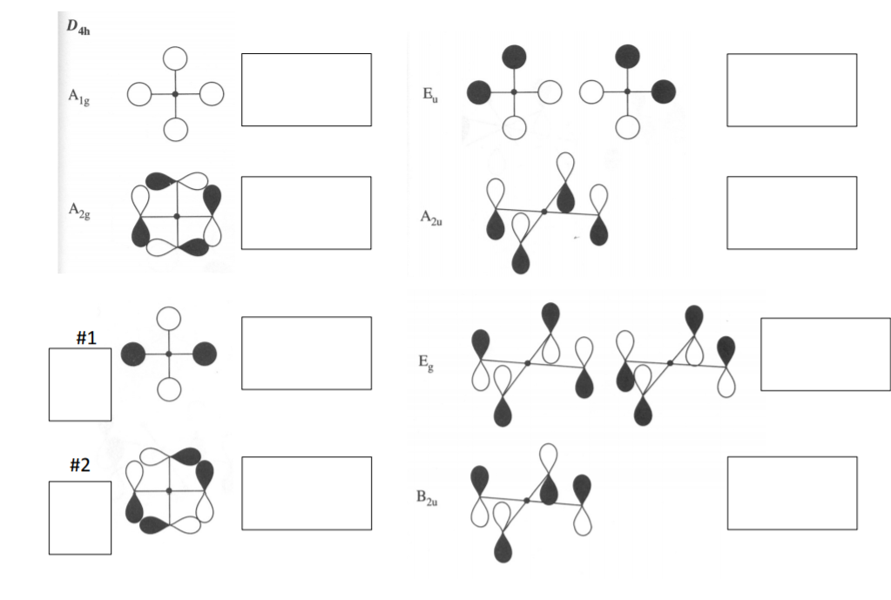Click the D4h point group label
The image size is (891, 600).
(x=78, y=27)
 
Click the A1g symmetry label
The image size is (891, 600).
(x=79, y=98)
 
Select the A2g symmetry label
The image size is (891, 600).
(x=79, y=211)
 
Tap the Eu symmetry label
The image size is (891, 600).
(x=430, y=95)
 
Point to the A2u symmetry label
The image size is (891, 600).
(x=431, y=218)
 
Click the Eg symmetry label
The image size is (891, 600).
(x=426, y=362)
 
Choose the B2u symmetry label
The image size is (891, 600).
(x=427, y=498)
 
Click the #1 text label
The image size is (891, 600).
(x=86, y=338)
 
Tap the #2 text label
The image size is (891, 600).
(x=79, y=465)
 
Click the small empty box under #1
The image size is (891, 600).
(x=80, y=385)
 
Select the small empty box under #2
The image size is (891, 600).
(x=80, y=517)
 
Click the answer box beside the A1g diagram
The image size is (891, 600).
(x=307, y=90)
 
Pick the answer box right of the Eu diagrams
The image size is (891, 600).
(x=792, y=90)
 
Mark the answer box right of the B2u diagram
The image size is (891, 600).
(x=792, y=493)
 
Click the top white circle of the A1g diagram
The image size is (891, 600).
(x=175, y=58)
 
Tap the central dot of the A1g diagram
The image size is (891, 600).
(x=175, y=94)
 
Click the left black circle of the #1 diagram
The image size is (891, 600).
(x=133, y=354)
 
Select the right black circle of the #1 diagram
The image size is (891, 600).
(x=205, y=354)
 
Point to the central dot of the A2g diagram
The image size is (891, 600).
(x=177, y=217)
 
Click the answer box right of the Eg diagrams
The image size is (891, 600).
(x=826, y=354)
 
